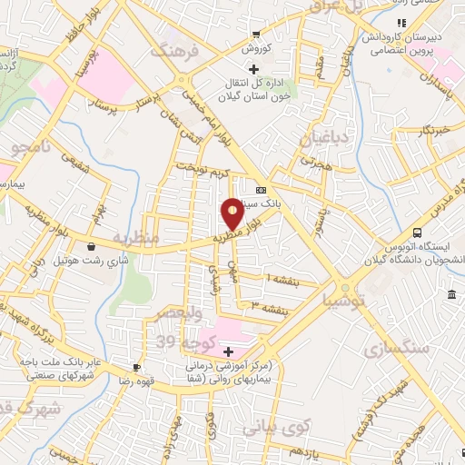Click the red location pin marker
coord(232,213)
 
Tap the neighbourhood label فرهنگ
coord(174,51)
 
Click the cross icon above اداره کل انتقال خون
coord(253,70)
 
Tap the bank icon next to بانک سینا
coord(262,191)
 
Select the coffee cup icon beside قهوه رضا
coord(135,367)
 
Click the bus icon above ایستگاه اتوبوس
coord(417,232)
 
